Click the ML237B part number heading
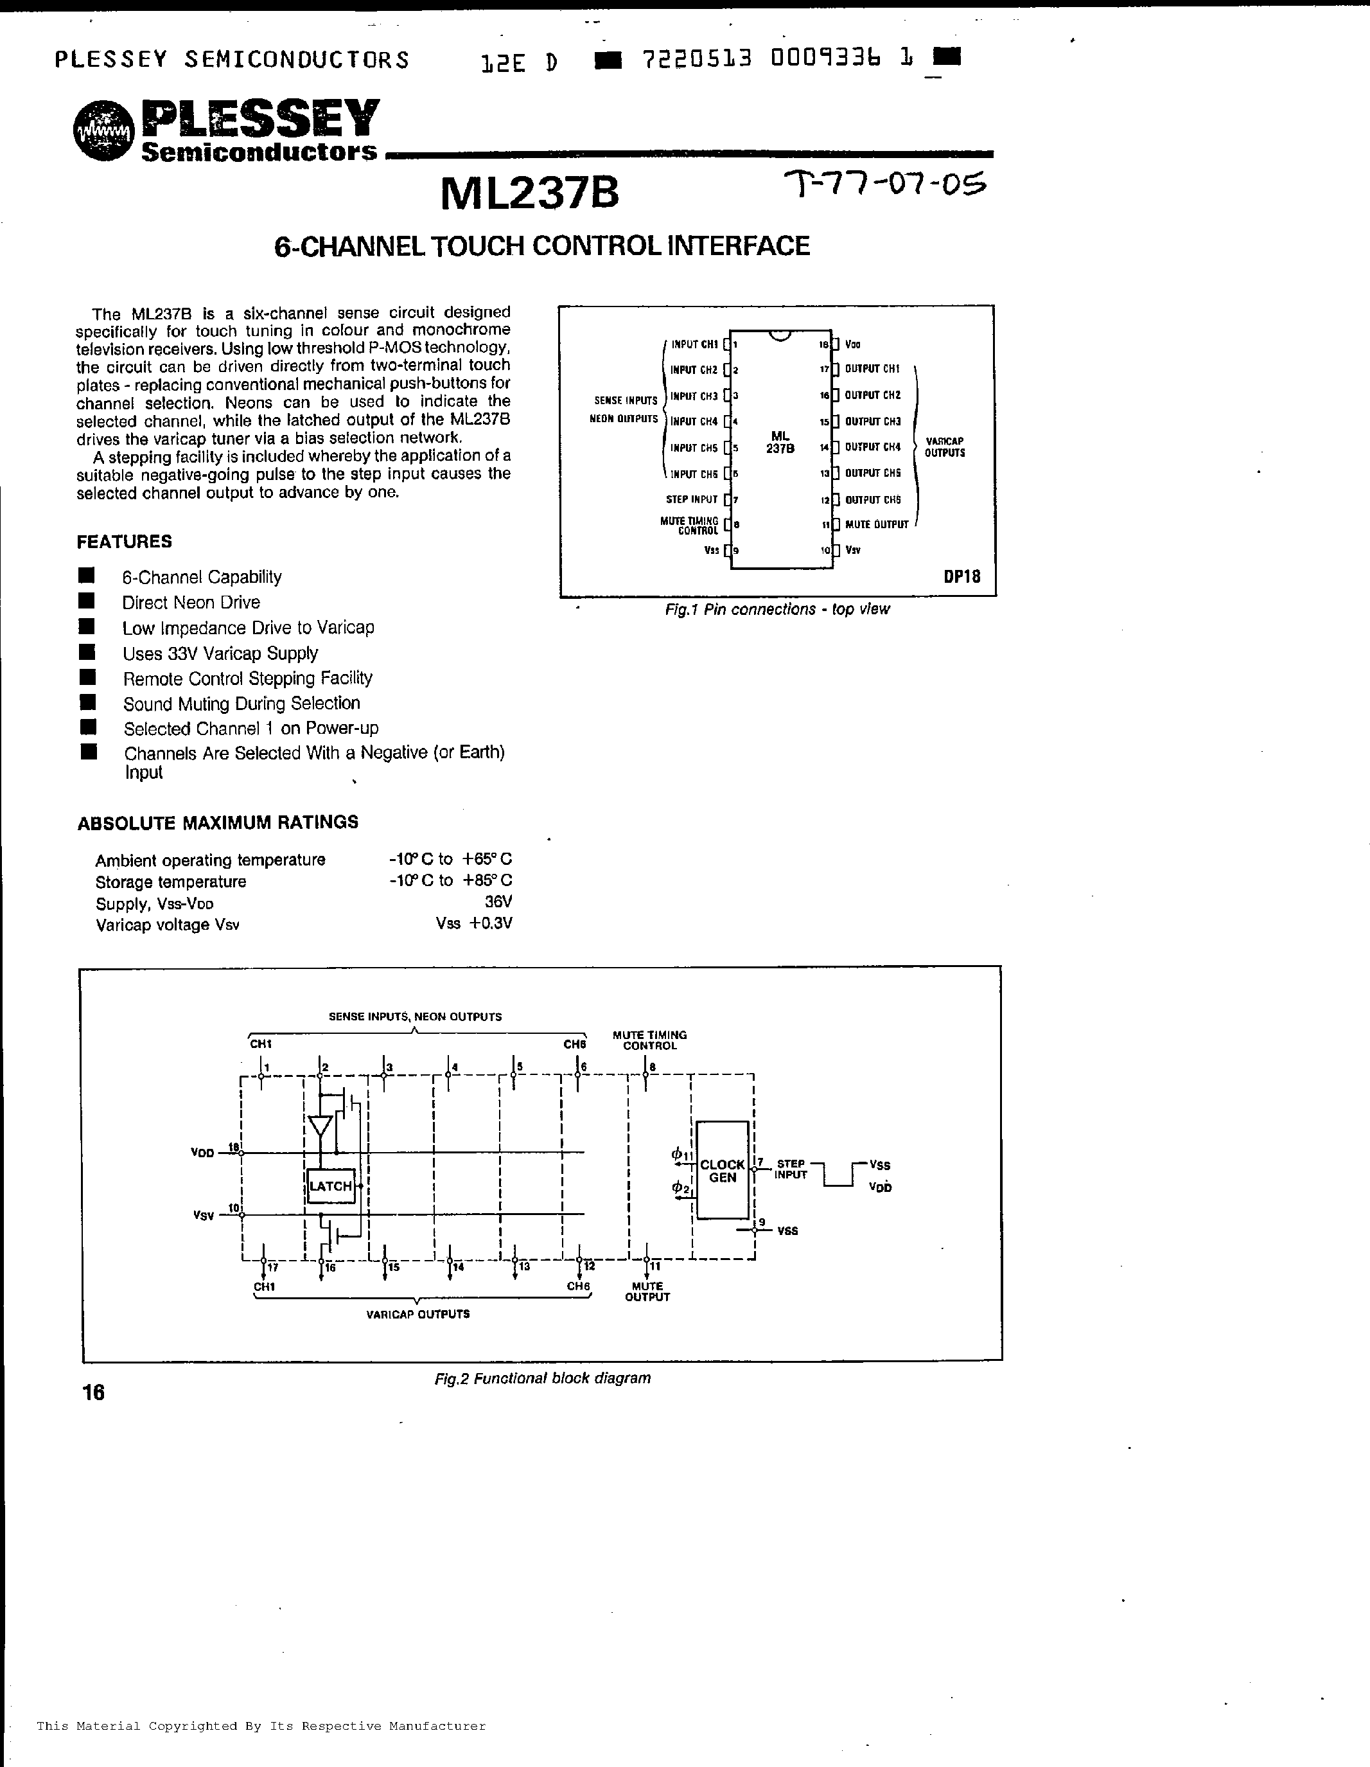click(x=530, y=194)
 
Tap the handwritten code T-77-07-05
click(x=886, y=186)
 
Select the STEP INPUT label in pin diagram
click(x=692, y=500)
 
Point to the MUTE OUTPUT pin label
click(x=877, y=525)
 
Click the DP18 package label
click(x=962, y=577)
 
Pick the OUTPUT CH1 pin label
click(x=872, y=369)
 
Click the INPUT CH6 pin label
click(x=694, y=474)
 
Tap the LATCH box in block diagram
click(x=331, y=1186)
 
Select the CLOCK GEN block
click(x=722, y=1171)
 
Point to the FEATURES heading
click(x=125, y=541)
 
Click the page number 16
click(x=93, y=1392)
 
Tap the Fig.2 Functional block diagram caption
click(x=542, y=1378)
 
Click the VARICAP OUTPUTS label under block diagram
click(x=417, y=1315)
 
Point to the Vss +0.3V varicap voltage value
click(x=473, y=924)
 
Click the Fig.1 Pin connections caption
click(x=777, y=609)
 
